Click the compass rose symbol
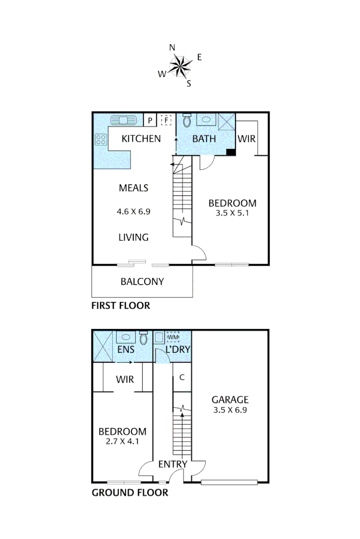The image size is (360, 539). [179, 66]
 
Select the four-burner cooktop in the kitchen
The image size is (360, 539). [100, 139]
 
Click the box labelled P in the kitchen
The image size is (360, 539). [150, 120]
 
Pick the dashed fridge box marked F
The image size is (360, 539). [166, 120]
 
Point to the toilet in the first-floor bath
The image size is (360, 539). [187, 120]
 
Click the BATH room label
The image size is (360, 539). [204, 138]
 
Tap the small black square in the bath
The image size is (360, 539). [231, 152]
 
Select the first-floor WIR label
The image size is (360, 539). [246, 138]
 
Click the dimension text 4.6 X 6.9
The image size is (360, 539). [134, 212]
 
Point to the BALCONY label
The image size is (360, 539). [142, 281]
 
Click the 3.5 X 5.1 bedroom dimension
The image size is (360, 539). [232, 213]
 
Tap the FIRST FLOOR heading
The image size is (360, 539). [120, 306]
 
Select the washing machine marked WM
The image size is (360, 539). [173, 337]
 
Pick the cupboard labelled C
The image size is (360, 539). [182, 377]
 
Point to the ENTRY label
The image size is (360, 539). [173, 464]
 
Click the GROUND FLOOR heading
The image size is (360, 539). [129, 493]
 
